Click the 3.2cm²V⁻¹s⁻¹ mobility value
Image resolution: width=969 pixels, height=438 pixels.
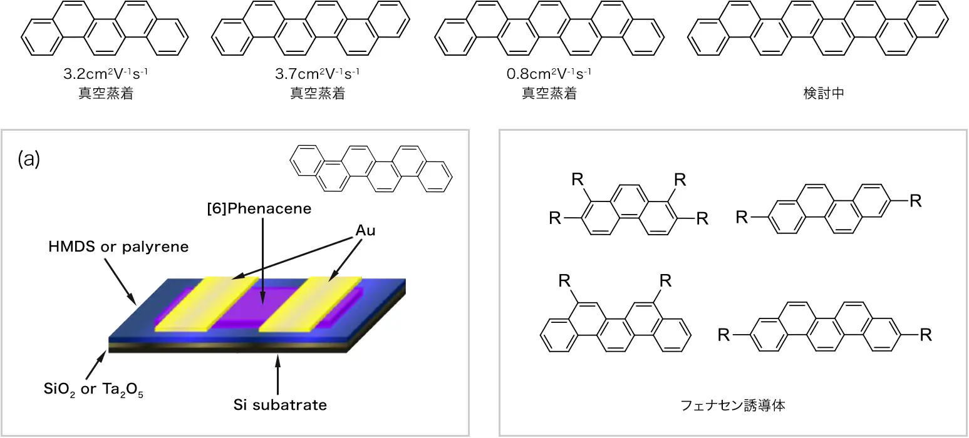click(106, 73)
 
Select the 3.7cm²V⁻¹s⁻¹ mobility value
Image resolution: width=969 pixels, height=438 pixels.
click(317, 73)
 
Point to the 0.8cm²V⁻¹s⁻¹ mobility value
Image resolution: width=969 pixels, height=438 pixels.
click(549, 73)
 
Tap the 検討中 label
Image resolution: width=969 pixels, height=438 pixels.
click(824, 93)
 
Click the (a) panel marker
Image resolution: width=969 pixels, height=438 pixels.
click(29, 158)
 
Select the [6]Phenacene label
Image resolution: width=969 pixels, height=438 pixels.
click(259, 208)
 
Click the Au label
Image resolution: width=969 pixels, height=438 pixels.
click(366, 230)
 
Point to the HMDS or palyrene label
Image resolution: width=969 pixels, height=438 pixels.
click(118, 247)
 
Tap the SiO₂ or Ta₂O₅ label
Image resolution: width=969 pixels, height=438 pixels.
click(93, 389)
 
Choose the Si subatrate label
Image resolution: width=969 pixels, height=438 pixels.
click(280, 405)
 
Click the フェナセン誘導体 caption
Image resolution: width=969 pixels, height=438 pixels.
click(733, 405)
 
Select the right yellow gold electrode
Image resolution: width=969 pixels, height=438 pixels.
click(311, 304)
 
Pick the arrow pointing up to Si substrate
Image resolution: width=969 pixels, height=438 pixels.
click(277, 374)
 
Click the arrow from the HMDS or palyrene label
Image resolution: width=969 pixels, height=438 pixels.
click(120, 282)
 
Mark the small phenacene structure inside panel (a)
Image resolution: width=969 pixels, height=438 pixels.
click(371, 168)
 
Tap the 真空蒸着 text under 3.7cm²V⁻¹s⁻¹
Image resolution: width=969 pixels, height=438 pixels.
click(317, 93)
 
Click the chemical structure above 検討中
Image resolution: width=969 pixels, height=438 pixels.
click(818, 28)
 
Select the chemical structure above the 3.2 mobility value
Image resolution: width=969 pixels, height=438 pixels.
click(105, 28)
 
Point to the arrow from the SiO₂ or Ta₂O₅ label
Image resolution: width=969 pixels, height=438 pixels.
click(96, 365)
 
